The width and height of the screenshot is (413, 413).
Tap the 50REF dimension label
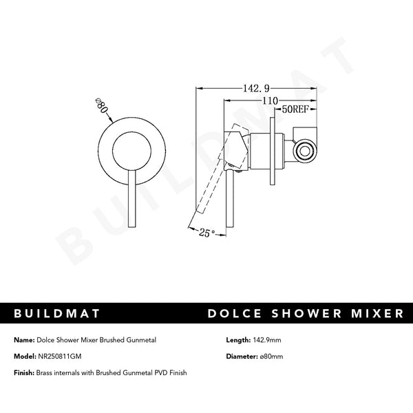coord(295,109)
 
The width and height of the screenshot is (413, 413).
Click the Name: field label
coord(23,340)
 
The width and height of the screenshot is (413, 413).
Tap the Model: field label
coord(24,356)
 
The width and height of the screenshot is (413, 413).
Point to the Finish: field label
coord(24,372)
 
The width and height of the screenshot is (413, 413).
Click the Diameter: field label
coord(244,356)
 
